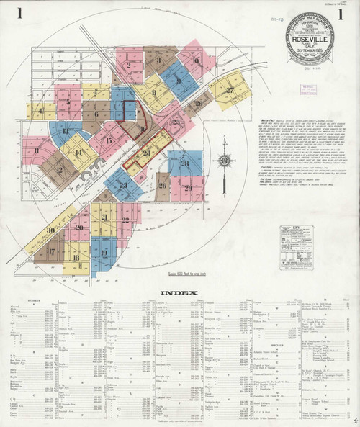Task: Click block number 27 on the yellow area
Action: [x=230, y=90]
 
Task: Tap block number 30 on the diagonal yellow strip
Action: [x=51, y=230]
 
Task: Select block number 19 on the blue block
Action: [x=104, y=253]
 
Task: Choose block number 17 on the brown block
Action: [x=52, y=252]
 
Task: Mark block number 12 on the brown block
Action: [x=60, y=170]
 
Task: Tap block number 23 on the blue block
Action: [x=123, y=185]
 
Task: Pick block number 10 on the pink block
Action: [x=195, y=60]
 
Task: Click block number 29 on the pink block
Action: [x=187, y=188]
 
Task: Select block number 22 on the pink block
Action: [x=127, y=220]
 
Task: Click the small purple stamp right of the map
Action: [x=310, y=89]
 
